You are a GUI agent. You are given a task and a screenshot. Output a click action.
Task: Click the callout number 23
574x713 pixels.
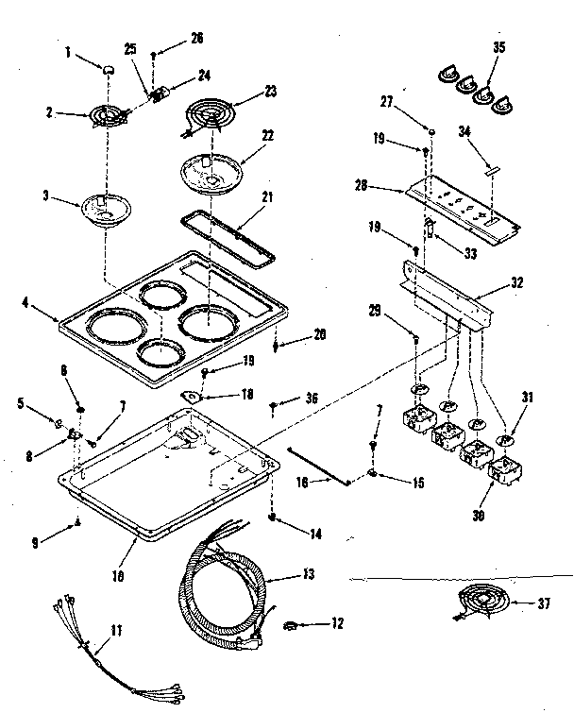(x=271, y=92)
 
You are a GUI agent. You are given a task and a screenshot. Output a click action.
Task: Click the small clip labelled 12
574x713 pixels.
(x=292, y=624)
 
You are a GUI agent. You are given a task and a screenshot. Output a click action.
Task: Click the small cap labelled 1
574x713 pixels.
(x=108, y=69)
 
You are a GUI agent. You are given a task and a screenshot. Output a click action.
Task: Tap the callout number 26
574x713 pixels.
(x=195, y=39)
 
